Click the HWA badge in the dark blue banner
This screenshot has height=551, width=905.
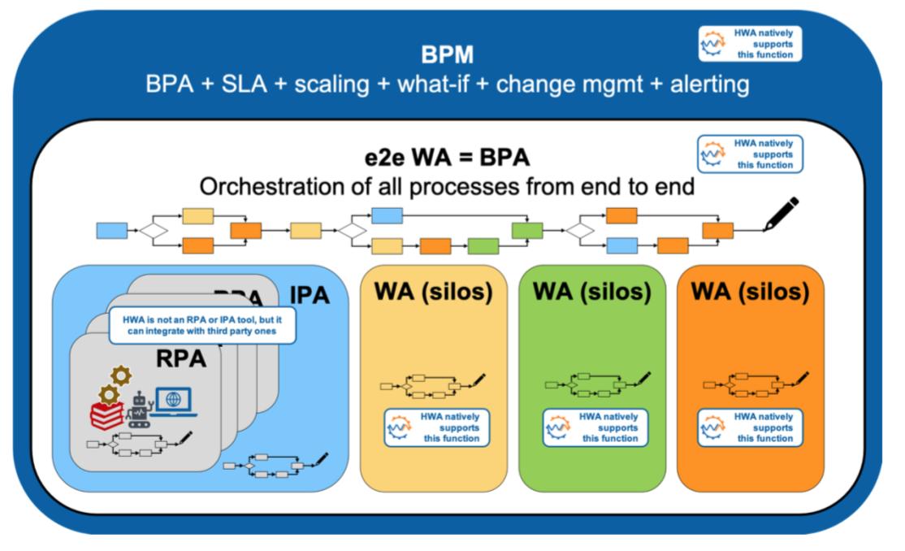click(x=750, y=44)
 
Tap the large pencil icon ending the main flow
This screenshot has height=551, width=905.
click(x=780, y=214)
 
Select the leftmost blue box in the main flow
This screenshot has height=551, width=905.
click(x=111, y=231)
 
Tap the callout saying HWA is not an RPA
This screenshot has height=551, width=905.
click(x=201, y=325)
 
